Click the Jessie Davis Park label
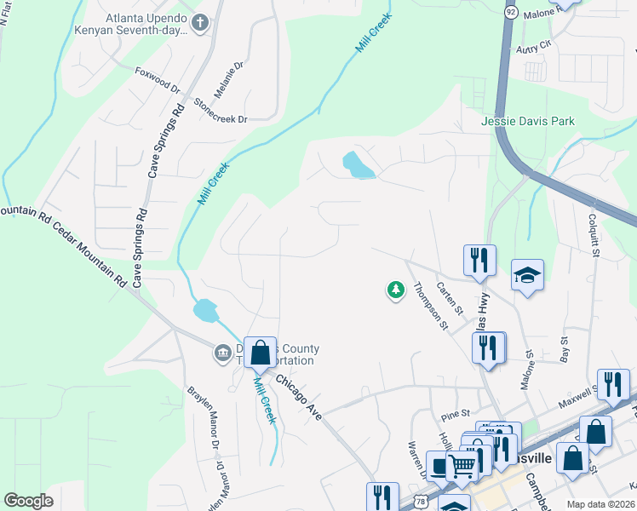528,121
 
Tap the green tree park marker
395,291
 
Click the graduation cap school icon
528,275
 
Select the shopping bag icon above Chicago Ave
261,352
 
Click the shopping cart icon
462,465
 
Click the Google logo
28,501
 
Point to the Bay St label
564,348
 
